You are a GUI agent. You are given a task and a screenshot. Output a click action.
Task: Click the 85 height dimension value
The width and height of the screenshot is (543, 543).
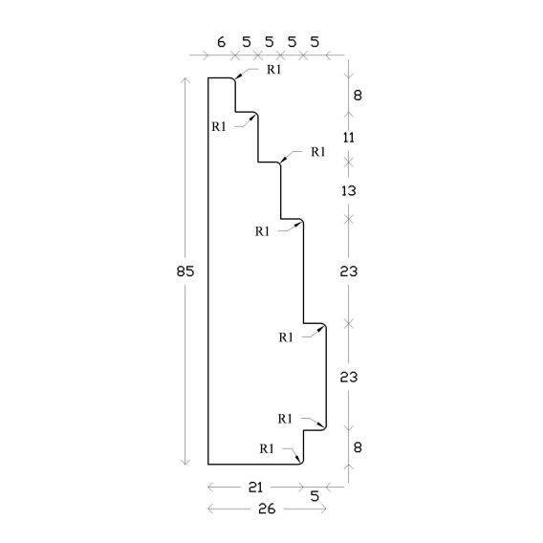click(185, 271)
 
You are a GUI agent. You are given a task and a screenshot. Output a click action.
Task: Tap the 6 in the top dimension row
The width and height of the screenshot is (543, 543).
click(221, 42)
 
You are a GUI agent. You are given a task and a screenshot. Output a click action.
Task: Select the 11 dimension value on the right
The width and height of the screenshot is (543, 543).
click(349, 138)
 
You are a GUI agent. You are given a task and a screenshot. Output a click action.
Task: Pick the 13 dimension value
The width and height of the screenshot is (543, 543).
click(349, 191)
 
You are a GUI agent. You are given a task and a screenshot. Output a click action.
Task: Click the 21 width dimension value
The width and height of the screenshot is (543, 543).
click(256, 488)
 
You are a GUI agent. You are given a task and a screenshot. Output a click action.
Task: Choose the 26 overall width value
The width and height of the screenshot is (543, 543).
click(267, 509)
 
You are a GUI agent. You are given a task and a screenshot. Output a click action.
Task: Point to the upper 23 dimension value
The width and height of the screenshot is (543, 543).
click(348, 271)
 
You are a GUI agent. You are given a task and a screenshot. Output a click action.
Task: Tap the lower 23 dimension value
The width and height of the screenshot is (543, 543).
click(348, 377)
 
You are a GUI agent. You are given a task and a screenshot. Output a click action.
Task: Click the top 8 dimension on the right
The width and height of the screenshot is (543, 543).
click(358, 96)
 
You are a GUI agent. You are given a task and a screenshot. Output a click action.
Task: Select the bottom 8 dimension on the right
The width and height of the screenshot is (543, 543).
click(358, 447)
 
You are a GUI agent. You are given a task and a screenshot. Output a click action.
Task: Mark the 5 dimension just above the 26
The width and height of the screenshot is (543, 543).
click(315, 496)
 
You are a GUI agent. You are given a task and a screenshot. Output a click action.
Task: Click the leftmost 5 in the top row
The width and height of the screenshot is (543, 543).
click(247, 42)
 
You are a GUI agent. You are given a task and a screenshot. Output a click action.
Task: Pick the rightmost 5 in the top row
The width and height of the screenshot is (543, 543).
click(315, 42)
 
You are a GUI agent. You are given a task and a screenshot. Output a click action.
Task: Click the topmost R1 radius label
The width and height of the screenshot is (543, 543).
click(274, 70)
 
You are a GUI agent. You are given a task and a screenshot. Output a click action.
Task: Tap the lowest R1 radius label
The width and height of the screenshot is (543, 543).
click(267, 448)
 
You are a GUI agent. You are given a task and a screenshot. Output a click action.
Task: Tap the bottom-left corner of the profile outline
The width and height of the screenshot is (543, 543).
click(208, 464)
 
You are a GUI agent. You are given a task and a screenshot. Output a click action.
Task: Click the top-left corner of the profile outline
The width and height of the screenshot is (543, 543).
click(208, 78)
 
